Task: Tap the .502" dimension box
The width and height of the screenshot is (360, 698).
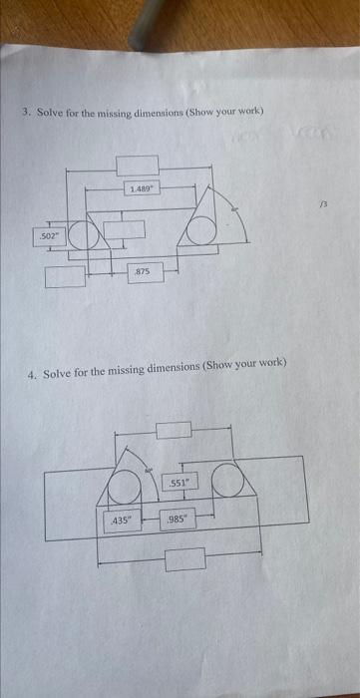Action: tap(46, 236)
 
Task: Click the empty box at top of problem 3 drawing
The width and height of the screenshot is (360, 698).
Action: tap(137, 165)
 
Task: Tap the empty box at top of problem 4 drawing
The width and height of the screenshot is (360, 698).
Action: tap(173, 429)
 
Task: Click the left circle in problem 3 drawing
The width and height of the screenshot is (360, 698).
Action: tap(84, 235)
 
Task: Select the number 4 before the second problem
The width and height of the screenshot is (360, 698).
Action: tap(32, 374)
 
